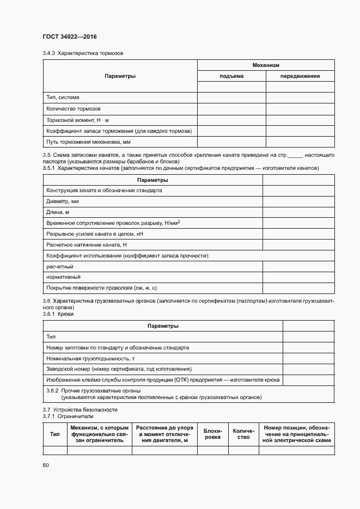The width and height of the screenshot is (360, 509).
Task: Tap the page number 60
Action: (x=46, y=465)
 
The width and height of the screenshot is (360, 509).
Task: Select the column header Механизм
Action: (x=265, y=65)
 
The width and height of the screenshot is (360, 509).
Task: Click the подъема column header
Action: (x=231, y=76)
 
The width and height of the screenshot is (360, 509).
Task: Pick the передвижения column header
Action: (x=300, y=76)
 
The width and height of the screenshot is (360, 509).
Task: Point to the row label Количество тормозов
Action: (x=74, y=108)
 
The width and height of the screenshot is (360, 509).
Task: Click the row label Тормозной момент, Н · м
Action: (x=78, y=120)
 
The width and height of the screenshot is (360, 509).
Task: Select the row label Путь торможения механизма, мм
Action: (x=89, y=142)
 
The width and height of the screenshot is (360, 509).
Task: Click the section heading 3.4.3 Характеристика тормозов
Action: (x=83, y=53)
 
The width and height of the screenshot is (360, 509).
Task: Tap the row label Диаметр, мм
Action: (x=63, y=201)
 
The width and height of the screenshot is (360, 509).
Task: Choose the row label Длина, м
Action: (x=58, y=212)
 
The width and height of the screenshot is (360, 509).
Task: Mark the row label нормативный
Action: (x=60, y=277)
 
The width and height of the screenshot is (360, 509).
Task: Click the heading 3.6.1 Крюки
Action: (x=58, y=314)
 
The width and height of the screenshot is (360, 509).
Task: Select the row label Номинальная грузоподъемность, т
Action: (x=90, y=358)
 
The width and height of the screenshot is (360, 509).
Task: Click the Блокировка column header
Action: (x=212, y=434)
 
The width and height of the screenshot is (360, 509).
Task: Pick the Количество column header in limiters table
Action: (x=243, y=434)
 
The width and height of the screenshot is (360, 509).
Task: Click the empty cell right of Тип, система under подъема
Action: (x=231, y=97)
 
